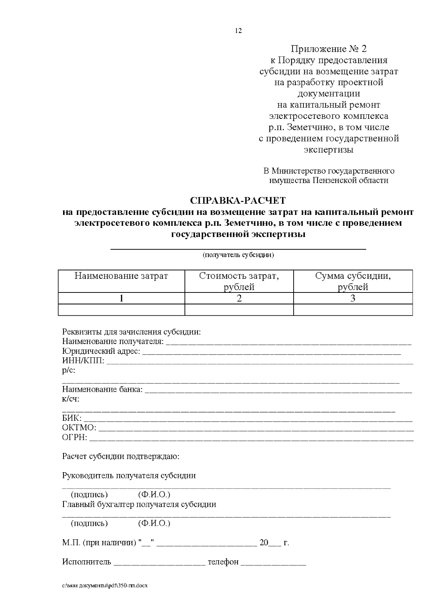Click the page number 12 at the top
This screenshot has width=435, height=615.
point(238,31)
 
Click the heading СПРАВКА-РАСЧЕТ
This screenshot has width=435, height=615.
point(238,200)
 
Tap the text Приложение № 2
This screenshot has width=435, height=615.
point(329,49)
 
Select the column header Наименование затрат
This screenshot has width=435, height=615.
point(121,276)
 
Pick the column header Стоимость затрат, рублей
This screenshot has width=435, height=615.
point(239,281)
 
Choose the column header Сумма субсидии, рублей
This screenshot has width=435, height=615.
point(353,281)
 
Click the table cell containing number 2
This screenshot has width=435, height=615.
point(239,298)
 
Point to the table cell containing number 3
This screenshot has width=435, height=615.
point(353,298)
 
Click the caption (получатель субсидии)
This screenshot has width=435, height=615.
point(238,255)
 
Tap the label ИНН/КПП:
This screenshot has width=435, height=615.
point(83,361)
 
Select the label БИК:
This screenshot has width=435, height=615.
point(72,418)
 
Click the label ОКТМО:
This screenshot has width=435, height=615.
point(79,428)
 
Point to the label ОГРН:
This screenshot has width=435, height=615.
point(75,437)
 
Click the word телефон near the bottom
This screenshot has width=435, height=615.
point(223,562)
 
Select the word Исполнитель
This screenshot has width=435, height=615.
point(87,562)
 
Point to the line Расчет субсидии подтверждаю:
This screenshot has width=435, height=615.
point(121,456)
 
